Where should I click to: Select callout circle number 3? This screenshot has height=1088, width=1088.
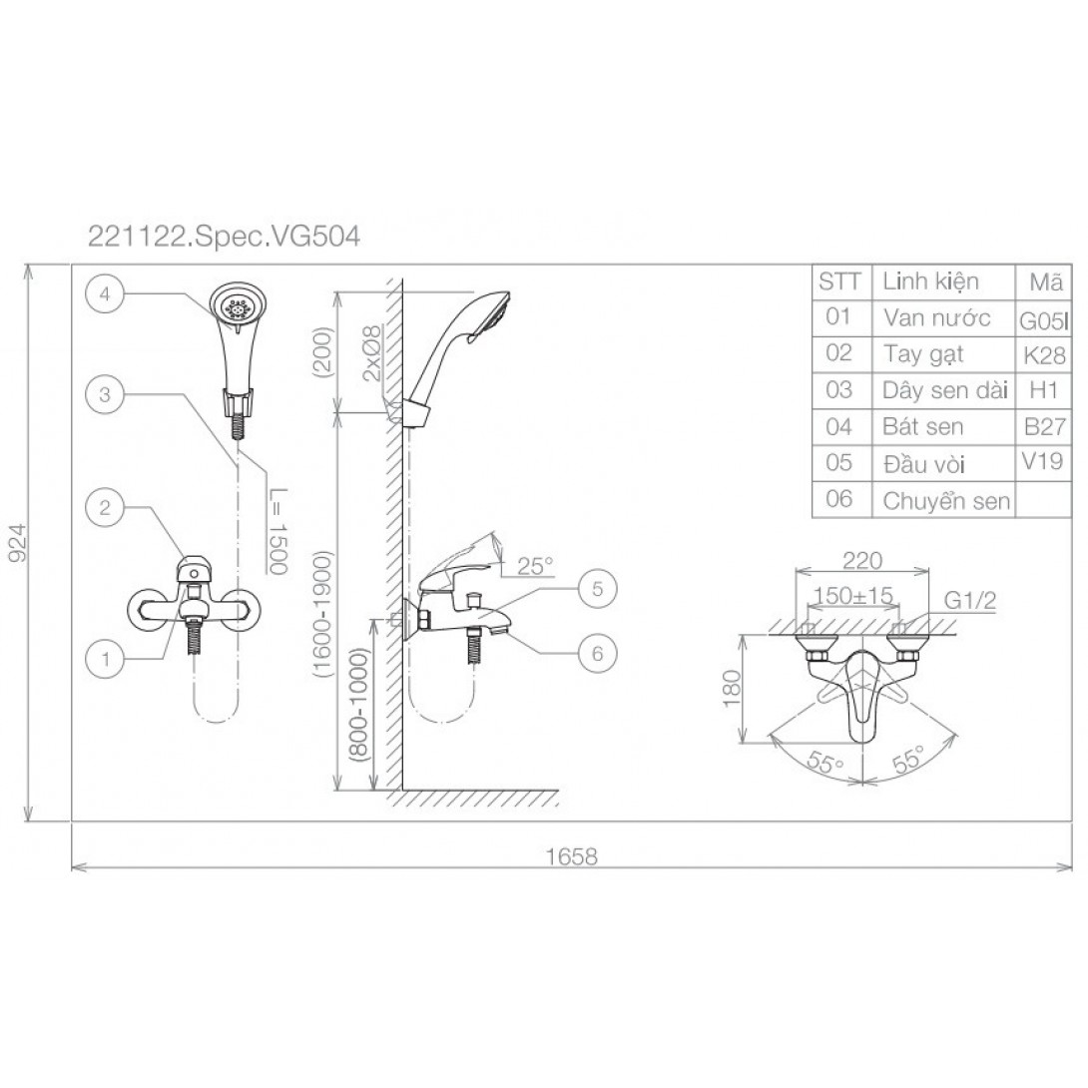(x=105, y=393)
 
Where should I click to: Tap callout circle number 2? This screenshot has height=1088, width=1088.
(x=105, y=507)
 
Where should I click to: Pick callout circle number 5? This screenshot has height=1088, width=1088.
(x=597, y=588)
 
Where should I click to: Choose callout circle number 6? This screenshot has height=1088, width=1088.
(x=597, y=653)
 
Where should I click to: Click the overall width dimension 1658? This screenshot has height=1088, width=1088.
(x=571, y=855)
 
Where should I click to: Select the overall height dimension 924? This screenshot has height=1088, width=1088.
(x=17, y=545)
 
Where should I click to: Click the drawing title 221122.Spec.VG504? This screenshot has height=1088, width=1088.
(x=225, y=238)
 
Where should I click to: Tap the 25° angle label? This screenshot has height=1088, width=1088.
(x=535, y=566)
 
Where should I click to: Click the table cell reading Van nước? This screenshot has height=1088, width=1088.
(x=936, y=318)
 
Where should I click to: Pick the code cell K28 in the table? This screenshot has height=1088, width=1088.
(x=1043, y=354)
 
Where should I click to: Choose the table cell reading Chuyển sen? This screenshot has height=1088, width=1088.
(x=945, y=501)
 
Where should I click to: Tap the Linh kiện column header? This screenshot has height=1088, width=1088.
(x=930, y=281)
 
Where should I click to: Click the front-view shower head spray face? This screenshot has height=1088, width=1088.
(x=239, y=307)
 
